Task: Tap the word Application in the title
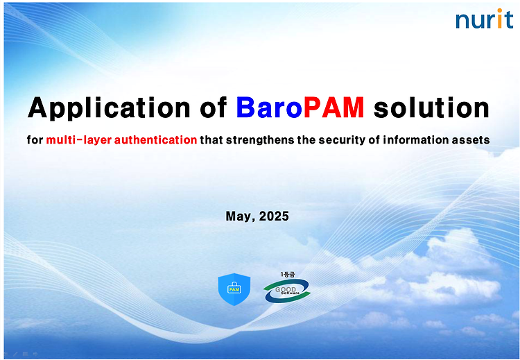tap(109, 108)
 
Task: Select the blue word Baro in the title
tap(269, 108)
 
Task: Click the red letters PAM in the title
tap(334, 108)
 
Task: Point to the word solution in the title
tap(431, 108)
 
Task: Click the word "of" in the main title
tap(214, 108)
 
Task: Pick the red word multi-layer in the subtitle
tap(78, 140)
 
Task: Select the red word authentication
tap(155, 139)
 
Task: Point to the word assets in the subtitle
tap(471, 140)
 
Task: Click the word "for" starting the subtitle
tap(35, 139)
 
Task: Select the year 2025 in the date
tap(274, 216)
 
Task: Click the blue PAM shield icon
tap(234, 289)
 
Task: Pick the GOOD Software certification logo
tap(287, 291)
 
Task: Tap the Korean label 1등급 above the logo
tap(288, 275)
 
